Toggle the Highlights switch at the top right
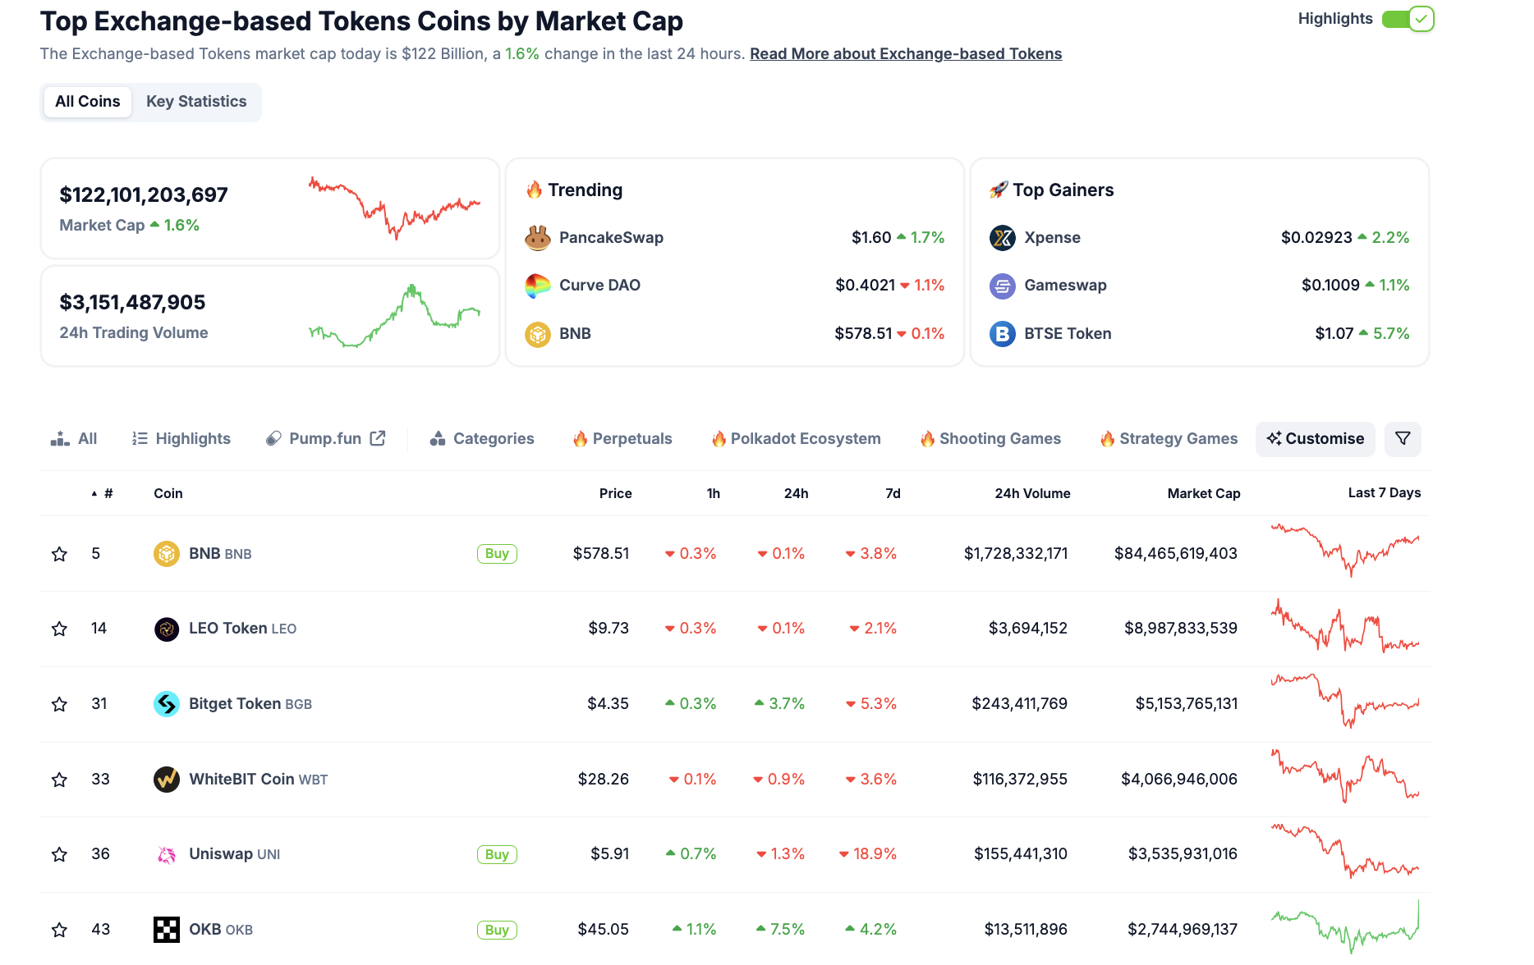coord(1408,19)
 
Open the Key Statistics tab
coord(196,102)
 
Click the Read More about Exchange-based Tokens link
coord(905,54)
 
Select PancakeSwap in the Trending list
coord(611,238)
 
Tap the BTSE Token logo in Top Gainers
coord(1002,334)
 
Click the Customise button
coord(1315,439)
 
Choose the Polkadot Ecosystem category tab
coord(796,439)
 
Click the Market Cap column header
coord(1203,493)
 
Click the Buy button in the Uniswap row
coord(497,854)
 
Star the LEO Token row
coord(59,629)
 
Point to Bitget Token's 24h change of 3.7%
coord(779,704)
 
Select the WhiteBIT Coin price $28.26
coord(603,780)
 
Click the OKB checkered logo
coord(167,930)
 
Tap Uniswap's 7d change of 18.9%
coord(868,854)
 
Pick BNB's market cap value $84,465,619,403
coord(1175,554)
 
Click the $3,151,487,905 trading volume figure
coord(132,303)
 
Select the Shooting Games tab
coord(990,439)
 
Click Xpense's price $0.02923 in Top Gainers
coord(1316,238)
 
